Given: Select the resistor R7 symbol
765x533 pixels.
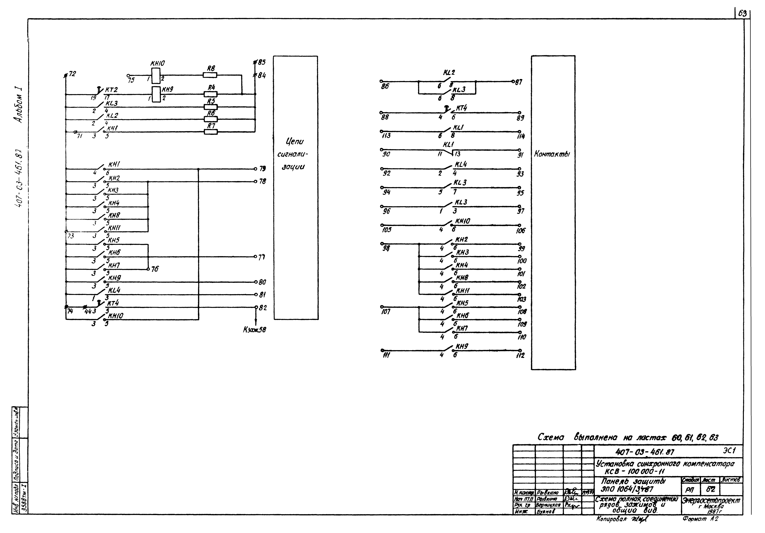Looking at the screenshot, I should click(x=211, y=132).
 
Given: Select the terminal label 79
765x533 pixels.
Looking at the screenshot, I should click(x=263, y=169).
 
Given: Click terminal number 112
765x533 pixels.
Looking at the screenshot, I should click(x=520, y=355).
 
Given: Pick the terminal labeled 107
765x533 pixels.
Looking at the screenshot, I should click(x=385, y=312).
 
